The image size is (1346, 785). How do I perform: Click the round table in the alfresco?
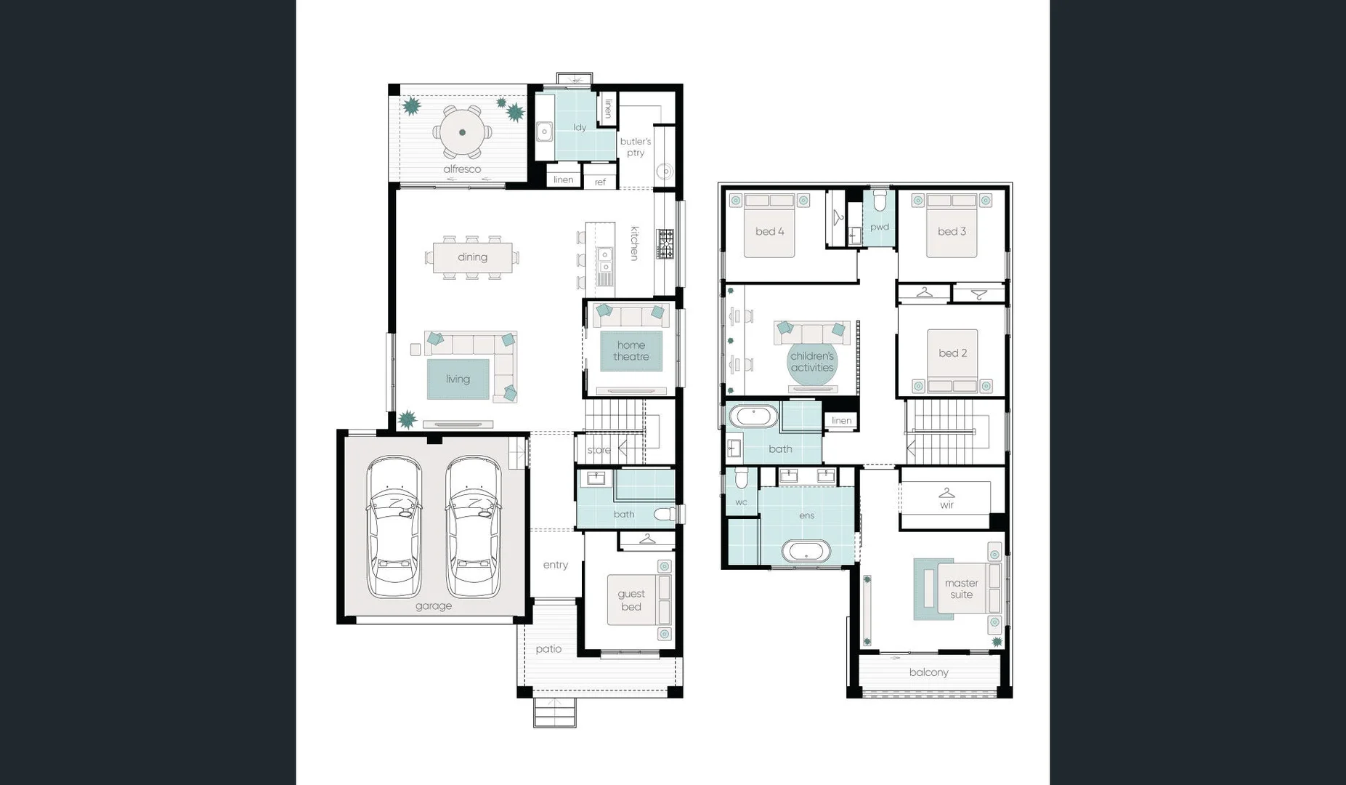pos(463,132)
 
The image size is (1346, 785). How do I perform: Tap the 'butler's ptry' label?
pos(636,147)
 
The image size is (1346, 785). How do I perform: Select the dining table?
pos(472,257)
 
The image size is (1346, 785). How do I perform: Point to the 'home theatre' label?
pos(631,351)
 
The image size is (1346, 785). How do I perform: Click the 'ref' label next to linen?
pos(600,182)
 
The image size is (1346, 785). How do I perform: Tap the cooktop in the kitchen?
pos(665,243)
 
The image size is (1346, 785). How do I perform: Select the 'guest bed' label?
pos(631,600)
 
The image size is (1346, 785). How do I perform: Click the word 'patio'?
pos(548,649)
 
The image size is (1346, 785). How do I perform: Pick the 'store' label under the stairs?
pos(599,451)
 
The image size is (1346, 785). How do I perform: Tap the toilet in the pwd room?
pos(880,200)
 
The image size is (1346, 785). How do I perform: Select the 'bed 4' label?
pos(769,232)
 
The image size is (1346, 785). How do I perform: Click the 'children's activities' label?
pos(812,362)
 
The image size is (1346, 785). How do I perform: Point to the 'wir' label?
pos(946,505)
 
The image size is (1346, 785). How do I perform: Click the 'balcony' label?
pos(928,672)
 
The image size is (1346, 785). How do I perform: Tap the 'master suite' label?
pos(961,589)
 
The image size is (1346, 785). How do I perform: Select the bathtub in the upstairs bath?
pos(753,417)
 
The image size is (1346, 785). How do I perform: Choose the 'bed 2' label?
pos(952,353)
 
